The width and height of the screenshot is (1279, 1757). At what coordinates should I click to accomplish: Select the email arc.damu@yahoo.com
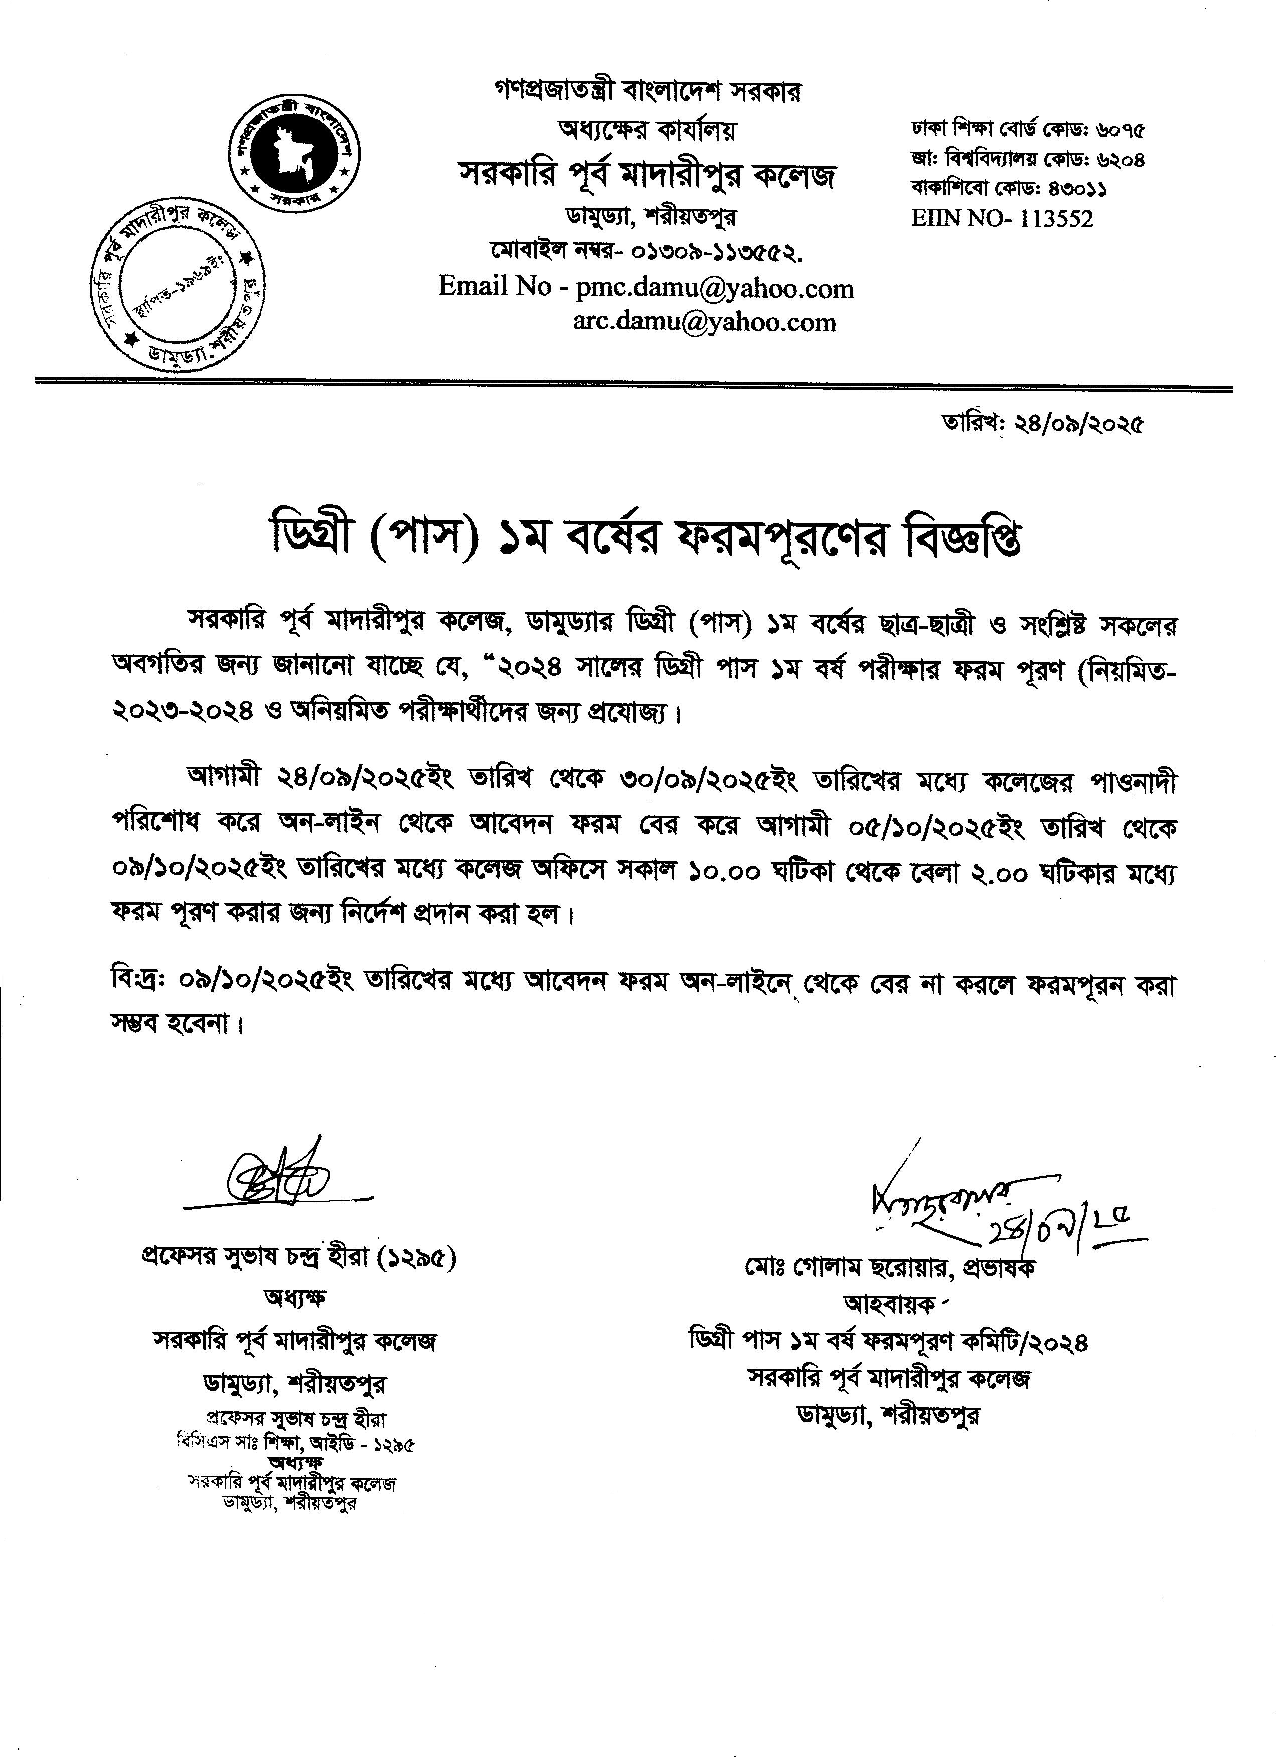pyautogui.click(x=705, y=322)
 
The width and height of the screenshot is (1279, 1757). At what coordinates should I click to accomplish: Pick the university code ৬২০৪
pyautogui.click(x=1121, y=160)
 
